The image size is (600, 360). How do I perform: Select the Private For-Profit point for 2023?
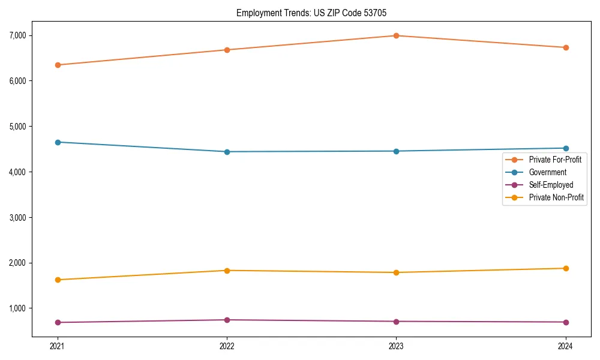tap(396, 35)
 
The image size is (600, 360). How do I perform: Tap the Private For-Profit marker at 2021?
tap(58, 65)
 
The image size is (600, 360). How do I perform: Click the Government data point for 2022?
tap(227, 152)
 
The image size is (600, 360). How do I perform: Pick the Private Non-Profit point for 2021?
tap(58, 280)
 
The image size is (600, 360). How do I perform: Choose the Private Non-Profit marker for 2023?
tap(396, 272)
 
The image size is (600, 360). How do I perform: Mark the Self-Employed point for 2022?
tap(227, 320)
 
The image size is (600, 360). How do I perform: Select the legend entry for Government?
tap(547, 172)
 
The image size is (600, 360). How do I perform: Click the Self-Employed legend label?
tap(551, 185)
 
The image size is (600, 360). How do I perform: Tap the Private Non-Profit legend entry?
tap(556, 197)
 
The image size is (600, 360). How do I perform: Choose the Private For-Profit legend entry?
tap(555, 160)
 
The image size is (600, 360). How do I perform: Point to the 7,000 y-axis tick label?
tap(17, 35)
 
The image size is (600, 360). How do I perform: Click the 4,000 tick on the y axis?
tap(17, 172)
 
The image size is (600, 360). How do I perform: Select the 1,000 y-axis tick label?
tap(17, 308)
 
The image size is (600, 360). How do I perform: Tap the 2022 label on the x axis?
tap(227, 346)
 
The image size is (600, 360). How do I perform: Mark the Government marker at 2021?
tap(58, 142)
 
